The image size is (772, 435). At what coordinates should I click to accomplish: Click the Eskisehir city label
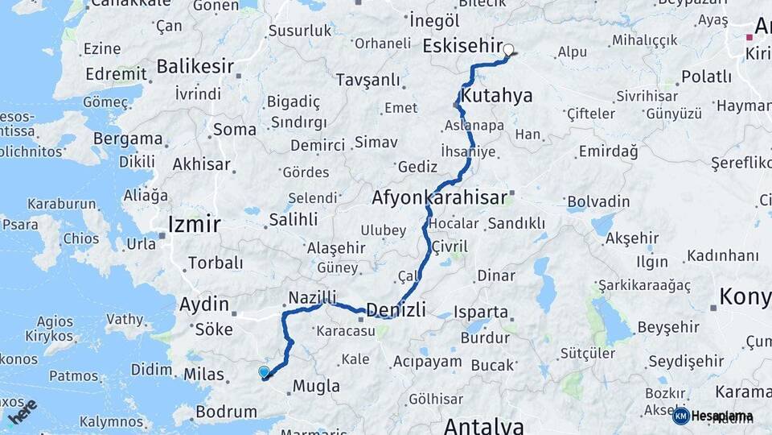(462, 45)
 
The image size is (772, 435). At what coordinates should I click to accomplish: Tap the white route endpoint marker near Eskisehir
(508, 49)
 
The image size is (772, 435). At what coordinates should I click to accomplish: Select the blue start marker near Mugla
(264, 371)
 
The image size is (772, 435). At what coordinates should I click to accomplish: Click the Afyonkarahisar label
(440, 197)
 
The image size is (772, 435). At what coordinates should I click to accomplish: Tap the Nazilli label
(312, 297)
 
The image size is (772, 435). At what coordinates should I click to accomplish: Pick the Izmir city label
(193, 224)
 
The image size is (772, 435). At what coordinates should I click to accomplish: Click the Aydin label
(204, 304)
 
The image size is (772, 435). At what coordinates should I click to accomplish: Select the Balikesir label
(195, 66)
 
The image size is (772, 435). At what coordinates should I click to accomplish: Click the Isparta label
(481, 311)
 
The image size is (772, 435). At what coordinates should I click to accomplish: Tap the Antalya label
(483, 425)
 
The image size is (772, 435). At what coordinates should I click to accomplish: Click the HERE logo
(23, 412)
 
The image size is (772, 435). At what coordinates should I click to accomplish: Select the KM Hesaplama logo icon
(681, 416)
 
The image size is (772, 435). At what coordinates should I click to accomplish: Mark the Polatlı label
(706, 77)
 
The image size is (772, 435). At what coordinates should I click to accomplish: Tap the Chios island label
(80, 238)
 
